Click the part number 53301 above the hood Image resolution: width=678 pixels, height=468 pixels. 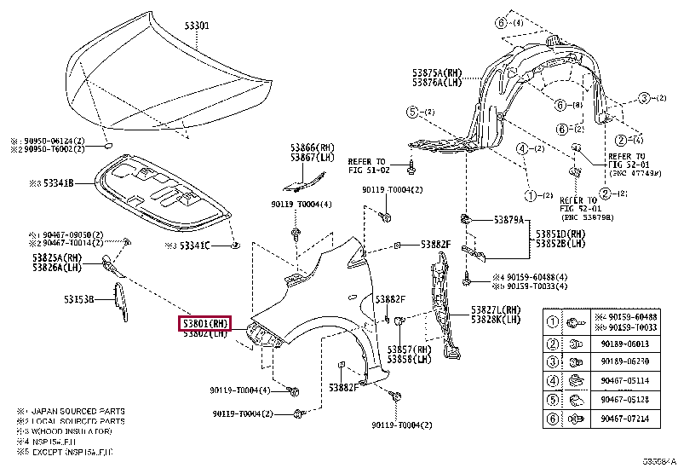[x=197, y=26]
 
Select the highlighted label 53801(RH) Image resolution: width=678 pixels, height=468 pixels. [x=204, y=323]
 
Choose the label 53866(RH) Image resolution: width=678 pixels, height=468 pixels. [x=313, y=147]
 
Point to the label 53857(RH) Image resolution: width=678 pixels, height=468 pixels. [x=410, y=350]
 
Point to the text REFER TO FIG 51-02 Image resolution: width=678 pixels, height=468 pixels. [x=368, y=165]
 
